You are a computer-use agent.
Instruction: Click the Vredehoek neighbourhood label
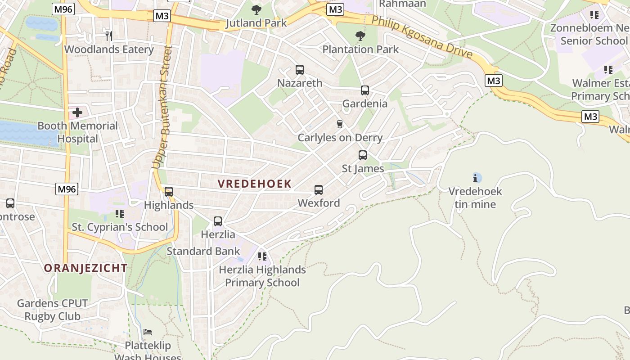pyautogui.click(x=255, y=184)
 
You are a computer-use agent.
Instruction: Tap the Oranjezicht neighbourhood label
pyautogui.click(x=85, y=268)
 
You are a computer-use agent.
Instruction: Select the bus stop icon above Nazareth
pyautogui.click(x=300, y=70)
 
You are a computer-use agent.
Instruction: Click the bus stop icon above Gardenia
pyautogui.click(x=365, y=90)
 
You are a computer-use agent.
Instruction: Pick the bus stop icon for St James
pyautogui.click(x=363, y=155)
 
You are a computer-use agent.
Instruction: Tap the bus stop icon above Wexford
pyautogui.click(x=319, y=190)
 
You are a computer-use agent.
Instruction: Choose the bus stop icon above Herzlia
pyautogui.click(x=218, y=221)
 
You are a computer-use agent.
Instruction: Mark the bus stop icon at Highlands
pyautogui.click(x=169, y=192)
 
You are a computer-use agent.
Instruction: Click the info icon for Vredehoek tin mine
pyautogui.click(x=477, y=178)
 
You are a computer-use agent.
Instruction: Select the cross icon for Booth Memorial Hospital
pyautogui.click(x=77, y=112)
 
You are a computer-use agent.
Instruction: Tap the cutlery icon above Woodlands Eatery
pyautogui.click(x=108, y=36)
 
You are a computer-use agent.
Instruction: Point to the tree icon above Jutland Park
pyautogui.click(x=256, y=9)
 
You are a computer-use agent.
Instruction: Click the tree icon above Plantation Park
pyautogui.click(x=360, y=36)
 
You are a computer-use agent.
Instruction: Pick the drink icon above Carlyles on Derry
pyautogui.click(x=340, y=124)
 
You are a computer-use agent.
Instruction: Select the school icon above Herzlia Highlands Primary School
pyautogui.click(x=262, y=256)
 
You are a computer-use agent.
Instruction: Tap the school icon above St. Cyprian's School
pyautogui.click(x=119, y=214)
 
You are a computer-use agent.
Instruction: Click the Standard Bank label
pyautogui.click(x=203, y=251)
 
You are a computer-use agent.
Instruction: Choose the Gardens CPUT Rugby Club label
pyautogui.click(x=52, y=310)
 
